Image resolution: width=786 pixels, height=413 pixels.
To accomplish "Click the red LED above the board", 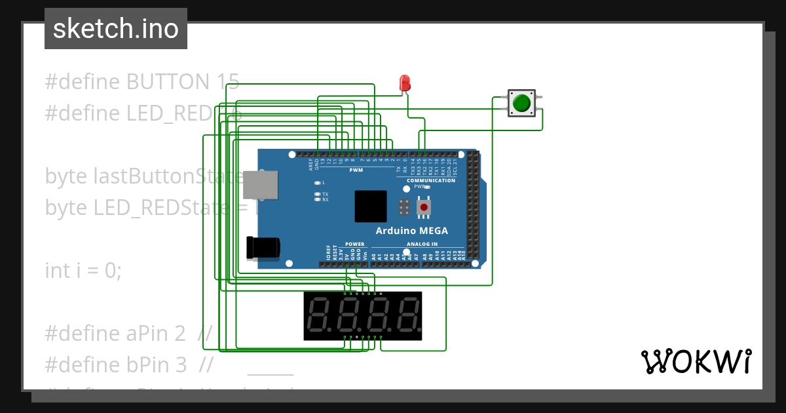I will (405, 83).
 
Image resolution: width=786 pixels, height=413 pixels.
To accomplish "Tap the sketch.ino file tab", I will (116, 29).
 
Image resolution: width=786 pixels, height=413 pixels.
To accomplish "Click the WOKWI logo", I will (695, 361).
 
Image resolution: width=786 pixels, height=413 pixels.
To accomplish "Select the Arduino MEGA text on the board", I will (411, 231).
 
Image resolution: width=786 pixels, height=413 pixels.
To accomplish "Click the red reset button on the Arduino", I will (424, 208).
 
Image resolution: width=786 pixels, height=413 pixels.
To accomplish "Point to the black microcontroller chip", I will (371, 206).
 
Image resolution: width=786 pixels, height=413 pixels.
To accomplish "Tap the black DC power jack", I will (263, 248).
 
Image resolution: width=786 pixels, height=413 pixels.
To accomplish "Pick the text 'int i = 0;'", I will (83, 270).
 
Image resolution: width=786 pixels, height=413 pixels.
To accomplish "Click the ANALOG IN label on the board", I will (422, 244).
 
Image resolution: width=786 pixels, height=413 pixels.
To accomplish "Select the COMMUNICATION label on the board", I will (430, 180).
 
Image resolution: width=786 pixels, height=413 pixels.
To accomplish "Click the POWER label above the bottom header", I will (354, 244).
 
